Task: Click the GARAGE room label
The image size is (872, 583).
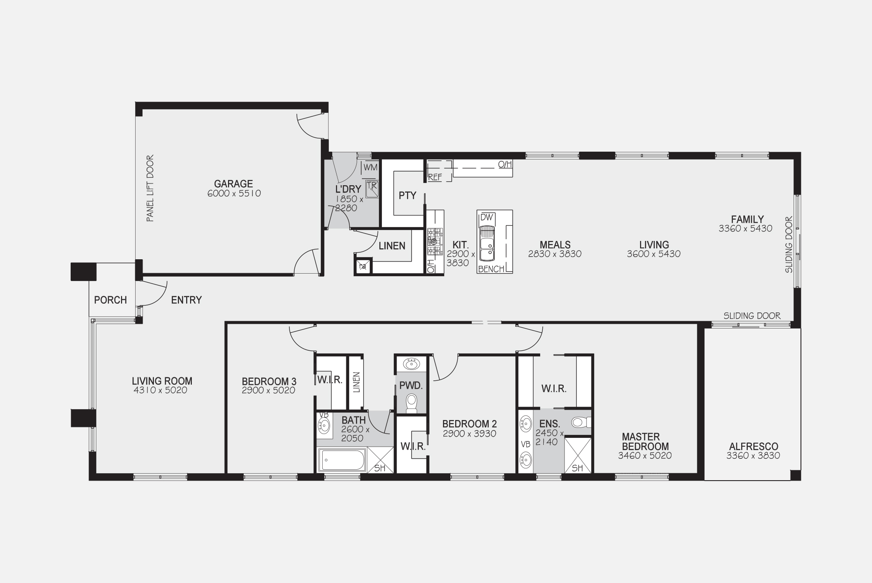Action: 233,184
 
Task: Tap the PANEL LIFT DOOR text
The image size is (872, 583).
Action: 150,188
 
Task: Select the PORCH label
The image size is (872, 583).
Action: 110,300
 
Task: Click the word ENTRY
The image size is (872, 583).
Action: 186,300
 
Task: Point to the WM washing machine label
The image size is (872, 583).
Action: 370,167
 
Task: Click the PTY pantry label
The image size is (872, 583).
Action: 408,196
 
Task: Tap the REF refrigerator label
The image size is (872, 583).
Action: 435,177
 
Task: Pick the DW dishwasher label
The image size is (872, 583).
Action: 487,217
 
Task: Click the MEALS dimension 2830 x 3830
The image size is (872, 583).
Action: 555,254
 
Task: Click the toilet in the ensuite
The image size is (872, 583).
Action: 581,422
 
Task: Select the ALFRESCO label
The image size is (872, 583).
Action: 753,447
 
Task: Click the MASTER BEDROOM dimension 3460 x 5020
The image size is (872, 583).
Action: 645,456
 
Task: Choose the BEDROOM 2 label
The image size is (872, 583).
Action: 469,424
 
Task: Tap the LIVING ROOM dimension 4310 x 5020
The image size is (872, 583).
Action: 160,390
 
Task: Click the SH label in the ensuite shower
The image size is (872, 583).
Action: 577,468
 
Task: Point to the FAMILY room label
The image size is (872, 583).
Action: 747,219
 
